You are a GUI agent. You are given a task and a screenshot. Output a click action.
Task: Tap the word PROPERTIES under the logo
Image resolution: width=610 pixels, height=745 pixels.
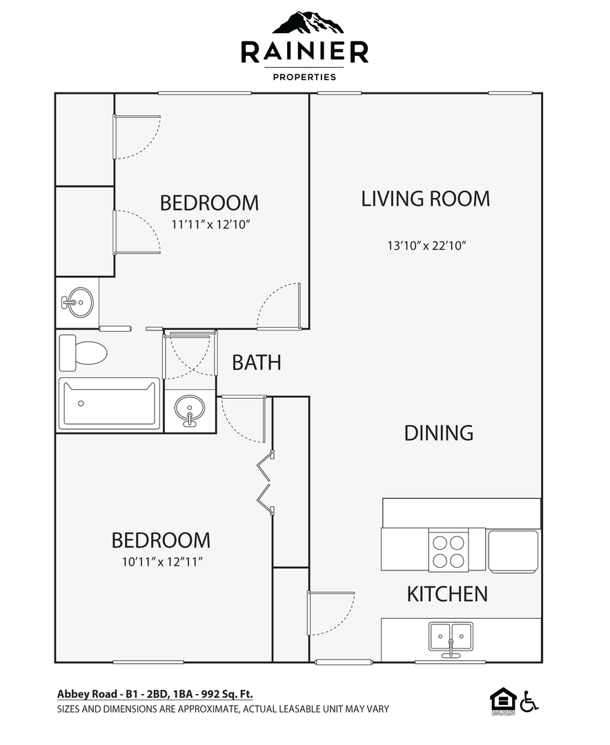coord(304,77)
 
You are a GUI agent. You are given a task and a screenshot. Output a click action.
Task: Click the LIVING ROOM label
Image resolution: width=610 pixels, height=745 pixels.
coord(426,199)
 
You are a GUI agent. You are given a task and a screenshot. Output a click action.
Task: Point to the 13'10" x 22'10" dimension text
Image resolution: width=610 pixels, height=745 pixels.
coord(426,246)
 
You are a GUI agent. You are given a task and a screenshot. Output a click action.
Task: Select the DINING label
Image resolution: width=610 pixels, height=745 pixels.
coord(439,433)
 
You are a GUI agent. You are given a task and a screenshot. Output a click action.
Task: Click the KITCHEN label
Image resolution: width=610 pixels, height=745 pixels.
coord(447,594)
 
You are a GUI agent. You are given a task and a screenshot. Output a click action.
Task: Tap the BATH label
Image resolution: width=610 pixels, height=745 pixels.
coord(257,363)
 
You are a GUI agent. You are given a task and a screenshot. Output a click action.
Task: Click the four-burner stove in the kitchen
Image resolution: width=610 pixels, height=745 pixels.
coord(449,550)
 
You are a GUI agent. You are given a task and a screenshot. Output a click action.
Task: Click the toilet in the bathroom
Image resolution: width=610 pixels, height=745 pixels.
coord(83,353)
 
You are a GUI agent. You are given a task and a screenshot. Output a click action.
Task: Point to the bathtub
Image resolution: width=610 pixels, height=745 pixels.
coord(109,404)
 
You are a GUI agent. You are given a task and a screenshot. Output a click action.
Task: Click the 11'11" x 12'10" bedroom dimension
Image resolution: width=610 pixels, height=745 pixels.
coord(210,224)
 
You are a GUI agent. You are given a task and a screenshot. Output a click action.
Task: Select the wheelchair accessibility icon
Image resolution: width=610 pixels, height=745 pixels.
coord(529,702)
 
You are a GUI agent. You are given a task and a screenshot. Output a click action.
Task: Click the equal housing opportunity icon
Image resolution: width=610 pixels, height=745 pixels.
coord(503,702)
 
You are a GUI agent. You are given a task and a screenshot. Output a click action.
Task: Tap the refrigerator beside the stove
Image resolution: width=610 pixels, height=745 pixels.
coord(513,550)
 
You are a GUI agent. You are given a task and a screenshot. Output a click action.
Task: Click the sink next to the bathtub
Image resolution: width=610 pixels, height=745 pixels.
coord(190,410)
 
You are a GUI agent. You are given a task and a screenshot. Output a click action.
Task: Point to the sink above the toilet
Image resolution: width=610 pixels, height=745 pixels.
coord(77,302)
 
